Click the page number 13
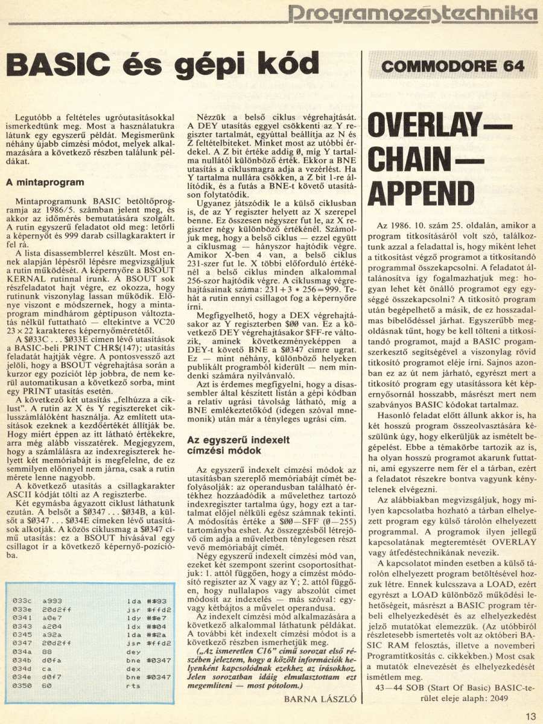point(530,716)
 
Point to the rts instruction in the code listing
point(133,686)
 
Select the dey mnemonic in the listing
point(133,652)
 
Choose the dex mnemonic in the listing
point(133,669)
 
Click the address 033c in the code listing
point(22,601)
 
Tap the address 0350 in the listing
point(22,686)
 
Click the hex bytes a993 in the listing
point(51,601)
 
